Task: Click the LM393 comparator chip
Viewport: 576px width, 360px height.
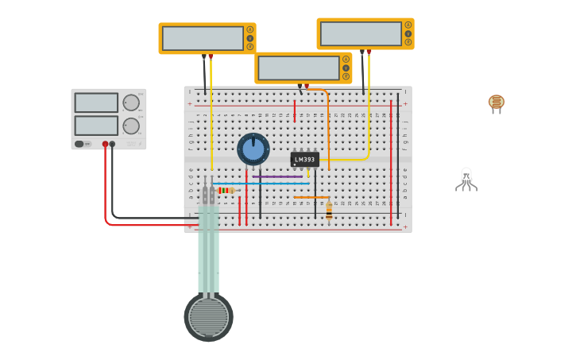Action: [x=304, y=159]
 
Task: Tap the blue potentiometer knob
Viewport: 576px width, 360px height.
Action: [x=253, y=149]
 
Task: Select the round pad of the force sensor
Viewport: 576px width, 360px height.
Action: [x=209, y=316]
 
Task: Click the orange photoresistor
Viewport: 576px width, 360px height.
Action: [x=497, y=102]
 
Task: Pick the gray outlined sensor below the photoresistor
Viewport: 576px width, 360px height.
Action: [x=466, y=179]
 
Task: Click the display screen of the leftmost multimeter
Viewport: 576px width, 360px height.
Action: [x=203, y=38]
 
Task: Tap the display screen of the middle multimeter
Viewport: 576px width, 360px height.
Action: [x=299, y=68]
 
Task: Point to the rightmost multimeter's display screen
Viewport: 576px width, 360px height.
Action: [x=361, y=33]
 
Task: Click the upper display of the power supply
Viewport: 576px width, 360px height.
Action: [x=96, y=103]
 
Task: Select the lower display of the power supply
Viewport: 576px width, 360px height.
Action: [x=96, y=126]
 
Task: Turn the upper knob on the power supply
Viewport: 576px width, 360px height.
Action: [x=131, y=103]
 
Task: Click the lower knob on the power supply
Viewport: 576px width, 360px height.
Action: [x=131, y=126]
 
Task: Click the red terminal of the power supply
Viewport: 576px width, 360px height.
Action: [x=105, y=144]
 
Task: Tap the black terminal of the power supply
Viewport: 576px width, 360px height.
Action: [x=112, y=144]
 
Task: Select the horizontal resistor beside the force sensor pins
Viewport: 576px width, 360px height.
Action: [x=226, y=191]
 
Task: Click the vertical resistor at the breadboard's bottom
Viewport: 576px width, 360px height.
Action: [x=329, y=211]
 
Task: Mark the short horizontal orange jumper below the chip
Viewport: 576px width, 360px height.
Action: [x=311, y=197]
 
